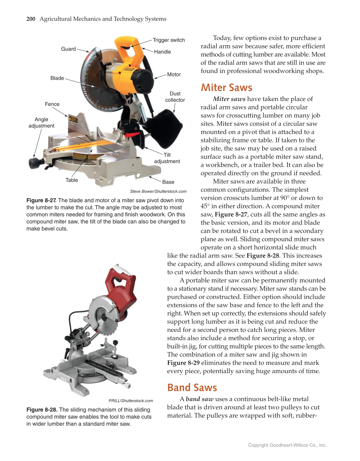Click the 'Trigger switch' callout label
tap(168, 40)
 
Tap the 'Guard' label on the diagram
tap(68, 49)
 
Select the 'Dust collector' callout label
tap(175, 97)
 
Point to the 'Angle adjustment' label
tap(41, 122)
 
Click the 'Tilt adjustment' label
tap(167, 158)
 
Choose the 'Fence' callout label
tap(52, 104)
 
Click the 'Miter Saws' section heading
tap(226, 88)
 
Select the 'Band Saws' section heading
tap(192, 387)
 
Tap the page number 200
tap(31, 19)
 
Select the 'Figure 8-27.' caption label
tap(41, 200)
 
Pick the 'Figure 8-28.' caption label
tap(42, 410)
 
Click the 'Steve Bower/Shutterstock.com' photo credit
tap(158, 191)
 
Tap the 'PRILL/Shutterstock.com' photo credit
tap(130, 401)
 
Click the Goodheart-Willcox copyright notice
tap(287, 445)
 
